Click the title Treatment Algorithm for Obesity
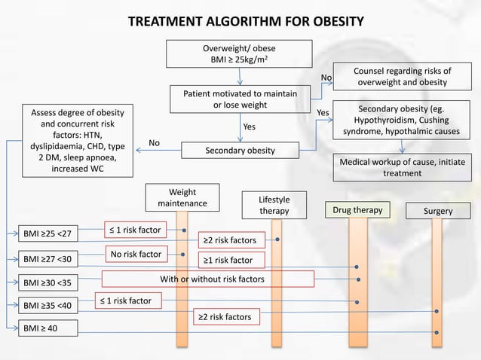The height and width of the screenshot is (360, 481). [x=240, y=20]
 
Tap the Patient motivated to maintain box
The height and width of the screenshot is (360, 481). [x=240, y=99]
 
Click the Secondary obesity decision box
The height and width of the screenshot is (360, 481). [x=240, y=151]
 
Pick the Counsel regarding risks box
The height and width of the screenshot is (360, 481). [x=402, y=76]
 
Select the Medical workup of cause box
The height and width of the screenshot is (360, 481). [x=402, y=167]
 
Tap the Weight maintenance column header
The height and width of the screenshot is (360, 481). [x=182, y=198]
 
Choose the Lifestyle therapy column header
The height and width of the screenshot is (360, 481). [x=274, y=206]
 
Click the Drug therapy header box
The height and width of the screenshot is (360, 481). [x=359, y=210]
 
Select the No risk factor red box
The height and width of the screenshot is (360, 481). [x=136, y=255]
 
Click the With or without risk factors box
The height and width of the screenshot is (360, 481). [x=207, y=279]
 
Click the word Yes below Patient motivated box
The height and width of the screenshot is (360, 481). [x=249, y=127]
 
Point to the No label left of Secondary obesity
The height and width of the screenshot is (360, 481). [x=155, y=142]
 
